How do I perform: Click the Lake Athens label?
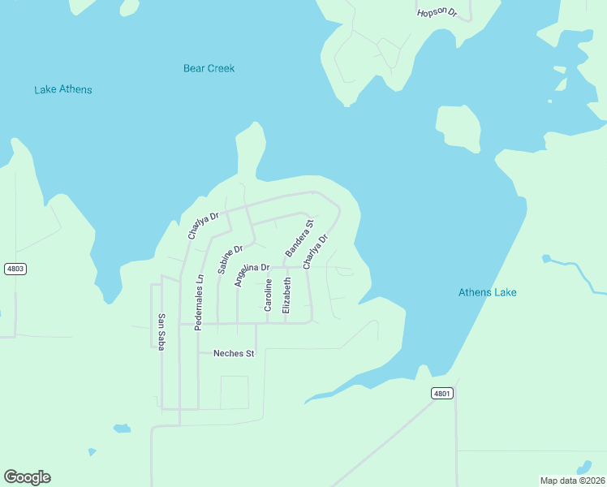pos(63,89)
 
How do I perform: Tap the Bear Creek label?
pos(209,68)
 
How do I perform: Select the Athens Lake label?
pos(487,292)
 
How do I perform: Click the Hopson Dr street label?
pos(437,13)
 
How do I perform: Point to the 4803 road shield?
pos(15,269)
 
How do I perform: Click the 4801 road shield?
pos(441,393)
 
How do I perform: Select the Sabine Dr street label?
pos(230,259)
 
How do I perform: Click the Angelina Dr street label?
pos(252,274)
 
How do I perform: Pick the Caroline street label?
pos(268,295)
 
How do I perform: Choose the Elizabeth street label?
pos(286,295)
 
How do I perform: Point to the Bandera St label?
pos(299,237)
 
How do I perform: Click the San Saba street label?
pos(161,330)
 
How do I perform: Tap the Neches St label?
pos(234,353)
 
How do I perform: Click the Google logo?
pos(28,476)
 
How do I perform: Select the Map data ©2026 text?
pos(571,480)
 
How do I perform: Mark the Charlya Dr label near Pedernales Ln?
pos(203,226)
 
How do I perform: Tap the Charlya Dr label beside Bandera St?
pos(316,252)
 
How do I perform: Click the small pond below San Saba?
pos(122,428)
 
